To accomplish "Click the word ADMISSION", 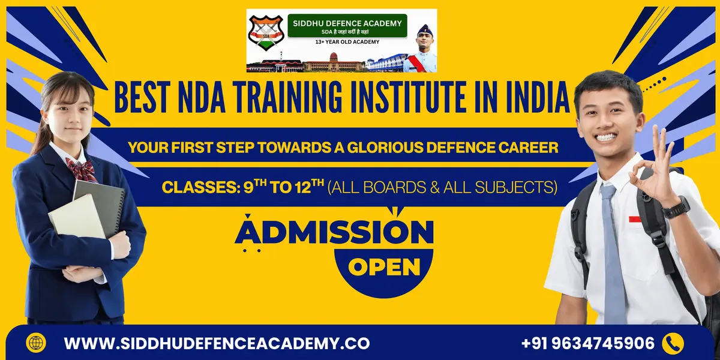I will (x=334, y=232).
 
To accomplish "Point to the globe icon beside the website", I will (x=36, y=343).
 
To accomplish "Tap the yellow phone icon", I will (x=672, y=343).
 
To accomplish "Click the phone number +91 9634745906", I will (x=587, y=343).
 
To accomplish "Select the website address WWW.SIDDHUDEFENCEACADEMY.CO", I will (x=217, y=344).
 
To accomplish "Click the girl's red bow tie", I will (x=80, y=169).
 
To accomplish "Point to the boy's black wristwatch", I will (x=676, y=207).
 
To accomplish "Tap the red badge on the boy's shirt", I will (x=635, y=219).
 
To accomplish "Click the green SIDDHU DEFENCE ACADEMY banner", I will (x=347, y=26).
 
